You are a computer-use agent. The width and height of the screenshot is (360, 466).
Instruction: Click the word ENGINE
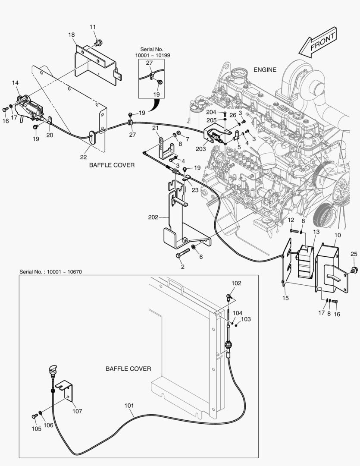click(265, 70)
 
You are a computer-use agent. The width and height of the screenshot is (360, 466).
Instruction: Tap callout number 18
click(71, 35)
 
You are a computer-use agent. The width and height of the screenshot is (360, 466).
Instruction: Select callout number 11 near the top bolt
click(93, 27)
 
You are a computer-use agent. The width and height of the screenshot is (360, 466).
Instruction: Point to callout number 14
click(15, 82)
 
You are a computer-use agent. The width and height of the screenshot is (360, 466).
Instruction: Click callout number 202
click(153, 217)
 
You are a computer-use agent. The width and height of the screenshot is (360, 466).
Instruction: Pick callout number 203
click(200, 149)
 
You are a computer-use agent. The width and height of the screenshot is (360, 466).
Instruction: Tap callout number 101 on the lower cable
click(129, 406)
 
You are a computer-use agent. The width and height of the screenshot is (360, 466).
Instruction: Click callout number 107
click(77, 411)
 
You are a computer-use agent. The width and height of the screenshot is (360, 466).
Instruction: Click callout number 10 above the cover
click(337, 235)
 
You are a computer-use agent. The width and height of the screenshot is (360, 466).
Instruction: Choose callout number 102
click(236, 283)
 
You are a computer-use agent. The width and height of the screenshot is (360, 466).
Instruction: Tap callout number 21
click(155, 128)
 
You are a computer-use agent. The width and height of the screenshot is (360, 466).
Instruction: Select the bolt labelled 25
click(353, 270)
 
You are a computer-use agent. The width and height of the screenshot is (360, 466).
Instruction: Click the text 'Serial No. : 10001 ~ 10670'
click(51, 272)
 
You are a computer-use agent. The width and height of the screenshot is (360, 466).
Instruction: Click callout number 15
click(285, 298)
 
